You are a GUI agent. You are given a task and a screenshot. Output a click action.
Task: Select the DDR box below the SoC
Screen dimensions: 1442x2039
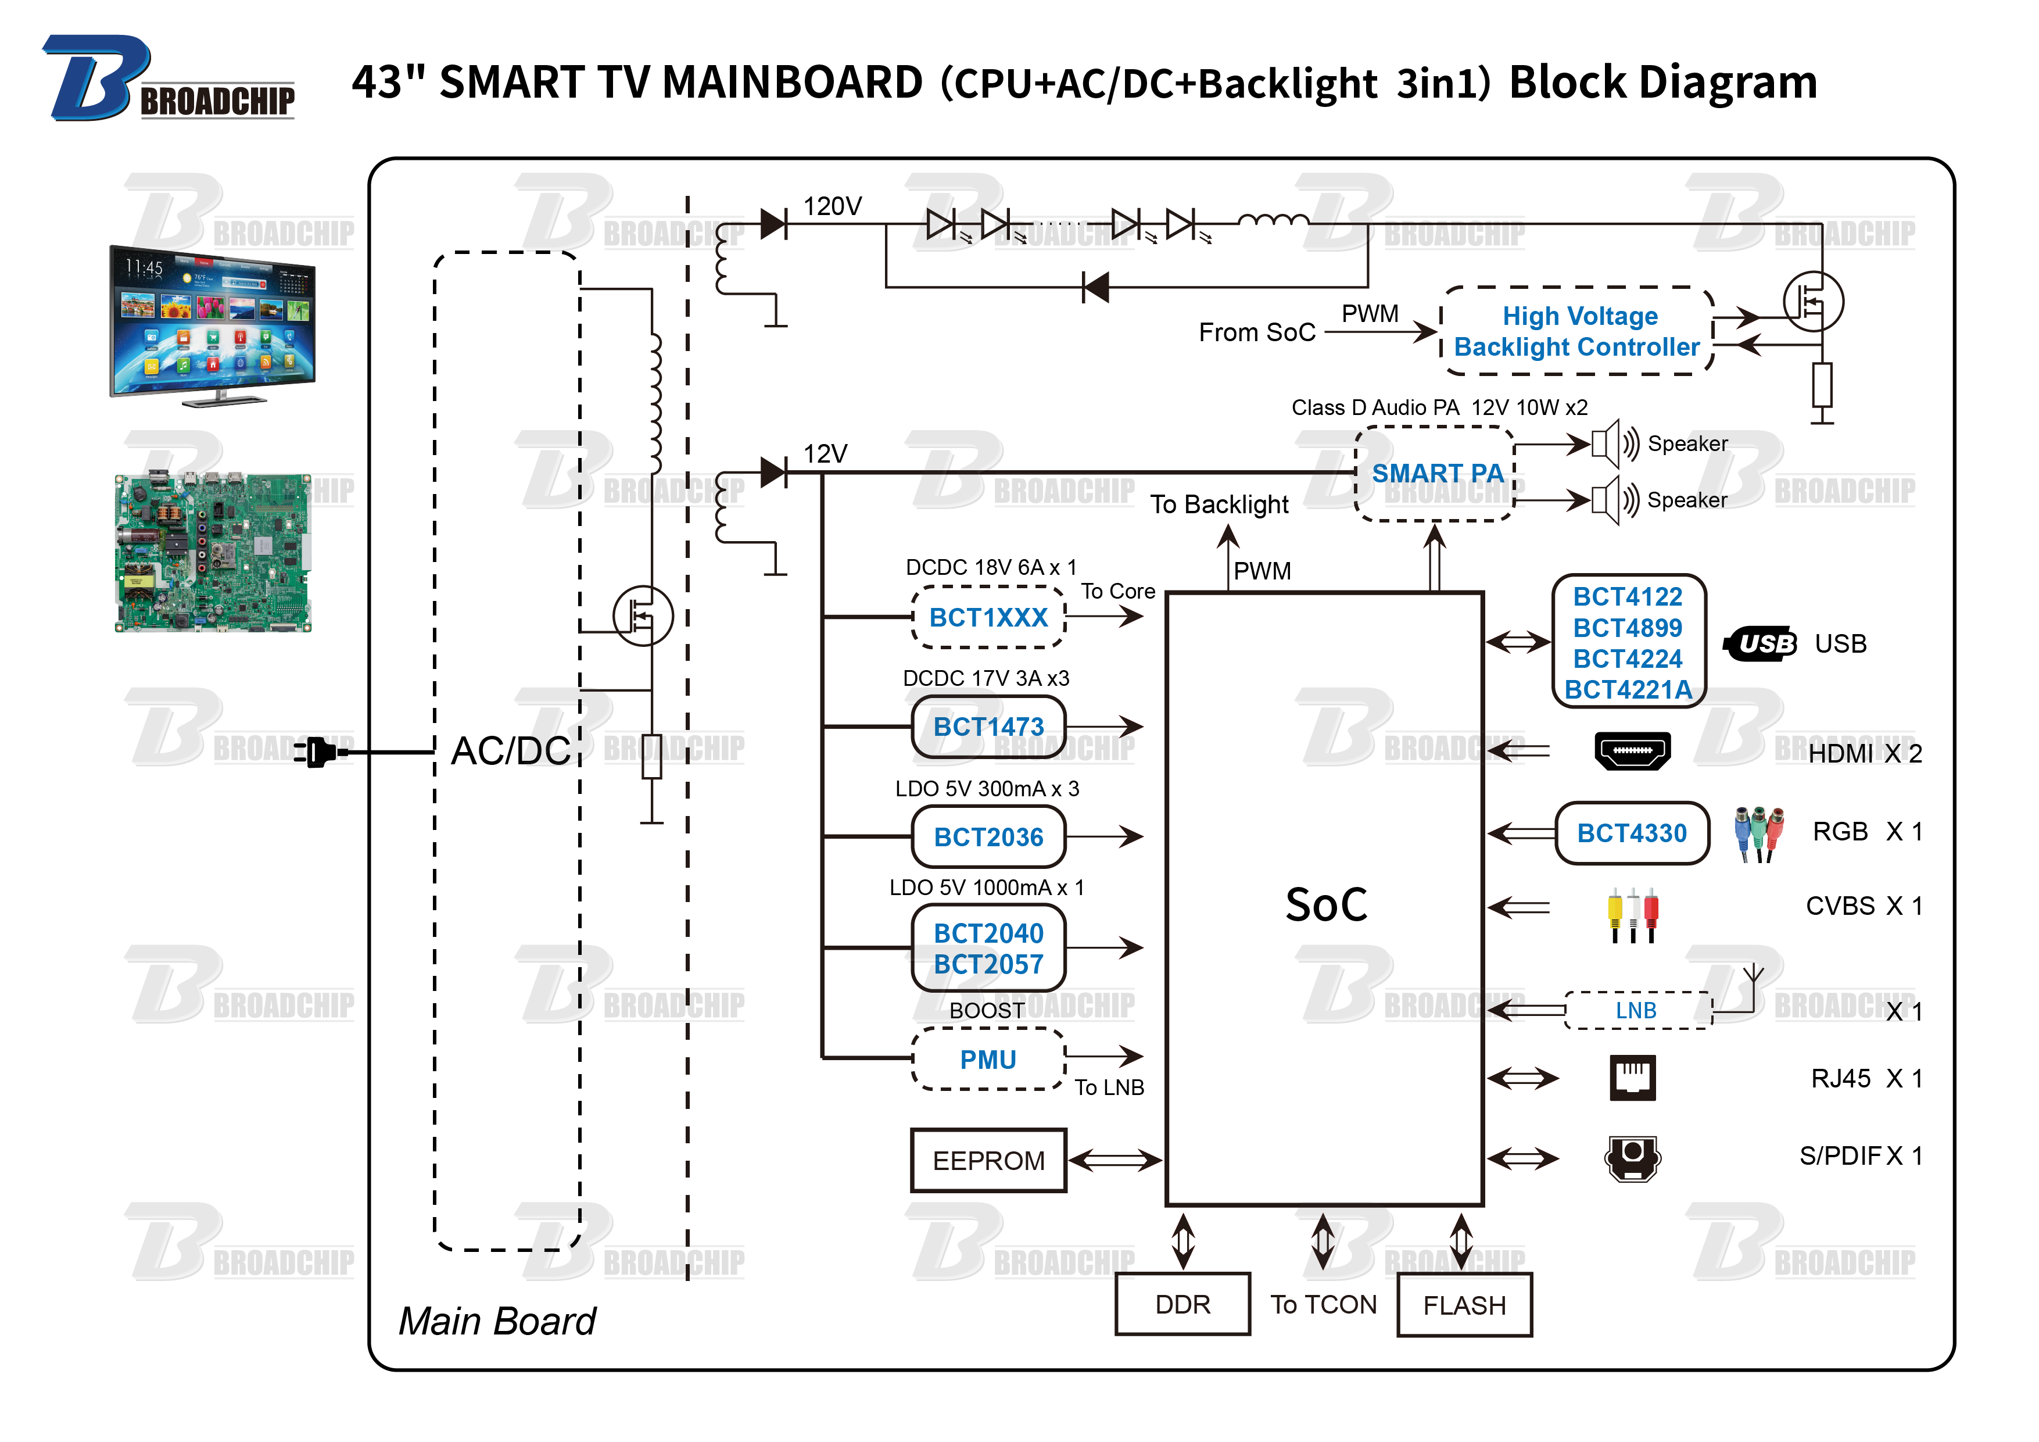pyautogui.click(x=1182, y=1304)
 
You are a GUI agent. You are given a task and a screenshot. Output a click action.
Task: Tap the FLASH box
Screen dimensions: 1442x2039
pyautogui.click(x=1464, y=1304)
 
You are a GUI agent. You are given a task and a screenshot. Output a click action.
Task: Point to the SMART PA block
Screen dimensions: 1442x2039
pyautogui.click(x=1435, y=473)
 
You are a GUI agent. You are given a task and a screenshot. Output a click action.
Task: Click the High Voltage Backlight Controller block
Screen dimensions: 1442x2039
pyautogui.click(x=1576, y=331)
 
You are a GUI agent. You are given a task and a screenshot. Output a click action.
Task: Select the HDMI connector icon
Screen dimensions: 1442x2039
pyautogui.click(x=1632, y=751)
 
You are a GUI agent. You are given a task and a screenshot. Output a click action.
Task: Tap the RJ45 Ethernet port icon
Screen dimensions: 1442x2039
pyautogui.click(x=1632, y=1078)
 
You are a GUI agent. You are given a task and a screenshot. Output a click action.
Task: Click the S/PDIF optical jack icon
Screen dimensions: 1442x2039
pyautogui.click(x=1632, y=1157)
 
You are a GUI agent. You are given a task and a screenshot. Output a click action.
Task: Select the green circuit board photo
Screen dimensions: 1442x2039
pyautogui.click(x=213, y=553)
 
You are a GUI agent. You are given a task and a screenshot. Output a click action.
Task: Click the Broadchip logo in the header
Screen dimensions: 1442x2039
pyautogui.click(x=169, y=80)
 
